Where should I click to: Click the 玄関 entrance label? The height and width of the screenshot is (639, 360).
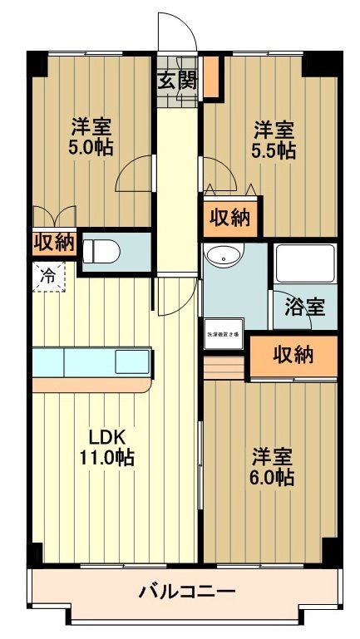pos(176,81)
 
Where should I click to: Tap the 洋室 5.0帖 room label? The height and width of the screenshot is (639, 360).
pos(91,138)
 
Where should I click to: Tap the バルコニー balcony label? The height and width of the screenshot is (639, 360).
pos(186,592)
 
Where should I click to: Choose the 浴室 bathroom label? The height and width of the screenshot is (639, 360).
pos(305,305)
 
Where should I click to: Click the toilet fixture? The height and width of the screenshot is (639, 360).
pos(103,249)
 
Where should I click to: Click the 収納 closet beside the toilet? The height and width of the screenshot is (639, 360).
pos(54,243)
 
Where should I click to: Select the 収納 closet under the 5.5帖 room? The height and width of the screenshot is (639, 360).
pos(229,219)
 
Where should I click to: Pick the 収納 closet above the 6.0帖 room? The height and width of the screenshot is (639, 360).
pos(293,355)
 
